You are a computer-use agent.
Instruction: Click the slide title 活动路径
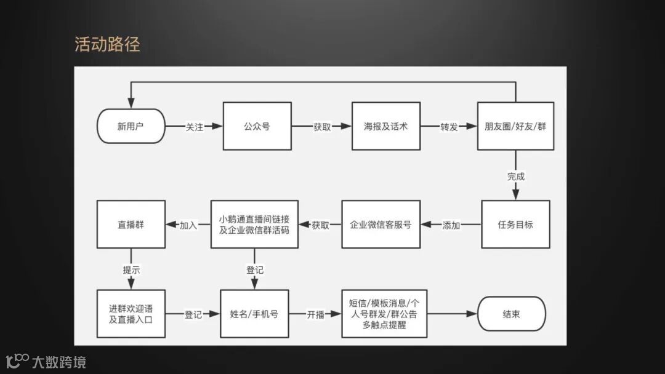[107, 45]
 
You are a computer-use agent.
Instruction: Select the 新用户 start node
[131, 127]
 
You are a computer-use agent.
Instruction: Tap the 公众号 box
[257, 127]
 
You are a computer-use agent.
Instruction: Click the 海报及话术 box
[385, 127]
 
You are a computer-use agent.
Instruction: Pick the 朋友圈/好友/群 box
[515, 127]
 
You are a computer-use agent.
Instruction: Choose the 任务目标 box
[515, 225]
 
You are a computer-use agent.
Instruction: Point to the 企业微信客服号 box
[381, 225]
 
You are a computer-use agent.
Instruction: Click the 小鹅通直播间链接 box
[254, 225]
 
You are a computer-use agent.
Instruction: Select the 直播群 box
[131, 225]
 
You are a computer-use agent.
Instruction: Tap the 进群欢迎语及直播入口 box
[131, 314]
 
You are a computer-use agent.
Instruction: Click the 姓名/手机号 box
[254, 314]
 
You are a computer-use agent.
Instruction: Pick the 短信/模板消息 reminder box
[384, 314]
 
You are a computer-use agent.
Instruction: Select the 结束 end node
[511, 314]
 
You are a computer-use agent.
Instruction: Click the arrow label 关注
[195, 127]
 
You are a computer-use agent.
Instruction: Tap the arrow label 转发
[448, 127]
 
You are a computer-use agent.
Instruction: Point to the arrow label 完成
[515, 177]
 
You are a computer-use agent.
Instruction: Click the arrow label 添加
[451, 225]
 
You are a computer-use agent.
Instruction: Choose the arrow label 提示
[131, 269]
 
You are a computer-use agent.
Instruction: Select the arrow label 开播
[315, 314]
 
